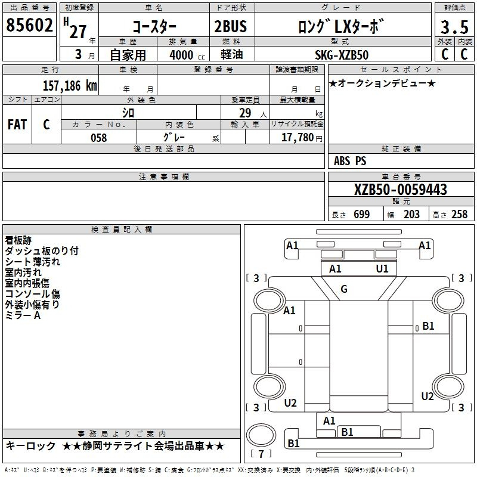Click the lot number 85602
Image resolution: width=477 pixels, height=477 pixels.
click(x=29, y=25)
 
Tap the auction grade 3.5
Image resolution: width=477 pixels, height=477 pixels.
click(x=454, y=27)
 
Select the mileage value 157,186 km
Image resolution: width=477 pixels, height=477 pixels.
click(x=70, y=86)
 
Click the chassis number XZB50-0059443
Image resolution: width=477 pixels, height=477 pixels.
click(x=400, y=190)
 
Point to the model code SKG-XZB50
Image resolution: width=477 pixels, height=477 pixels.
click(x=342, y=55)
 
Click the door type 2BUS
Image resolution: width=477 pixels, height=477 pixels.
click(x=231, y=26)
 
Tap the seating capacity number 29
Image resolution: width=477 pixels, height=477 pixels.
click(x=245, y=113)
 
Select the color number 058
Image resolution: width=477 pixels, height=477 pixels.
click(x=99, y=138)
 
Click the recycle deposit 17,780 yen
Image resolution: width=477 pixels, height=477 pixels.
click(x=302, y=138)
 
